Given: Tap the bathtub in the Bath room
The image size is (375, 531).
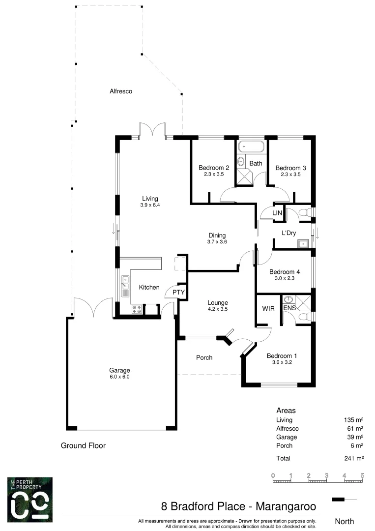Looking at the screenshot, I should coord(251,147).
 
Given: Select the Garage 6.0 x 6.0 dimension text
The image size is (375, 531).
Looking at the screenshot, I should coord(119,377).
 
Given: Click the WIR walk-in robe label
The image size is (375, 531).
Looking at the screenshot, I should coord(268,309).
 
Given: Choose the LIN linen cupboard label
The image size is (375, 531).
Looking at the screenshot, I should coord(277,212).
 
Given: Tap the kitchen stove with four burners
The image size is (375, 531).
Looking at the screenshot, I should coord(137,309).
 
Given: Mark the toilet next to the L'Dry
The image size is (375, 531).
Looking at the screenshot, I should coord(304,212).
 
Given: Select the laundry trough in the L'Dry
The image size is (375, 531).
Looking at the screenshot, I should coord(303,243).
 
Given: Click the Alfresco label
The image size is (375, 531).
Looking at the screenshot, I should coord(121,91).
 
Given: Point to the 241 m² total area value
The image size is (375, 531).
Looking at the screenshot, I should coord(354,458).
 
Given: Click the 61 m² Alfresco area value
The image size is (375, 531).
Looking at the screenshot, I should coord(356,429).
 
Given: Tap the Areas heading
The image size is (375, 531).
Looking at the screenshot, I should coord(286,410).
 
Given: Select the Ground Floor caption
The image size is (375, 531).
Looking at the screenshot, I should coord(83,446).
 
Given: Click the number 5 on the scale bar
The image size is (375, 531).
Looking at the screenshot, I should coord(362,475).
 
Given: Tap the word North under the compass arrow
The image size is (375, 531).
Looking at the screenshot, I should coord(344,521).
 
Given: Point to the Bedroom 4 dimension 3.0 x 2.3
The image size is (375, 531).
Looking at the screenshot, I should coord(285,279).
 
